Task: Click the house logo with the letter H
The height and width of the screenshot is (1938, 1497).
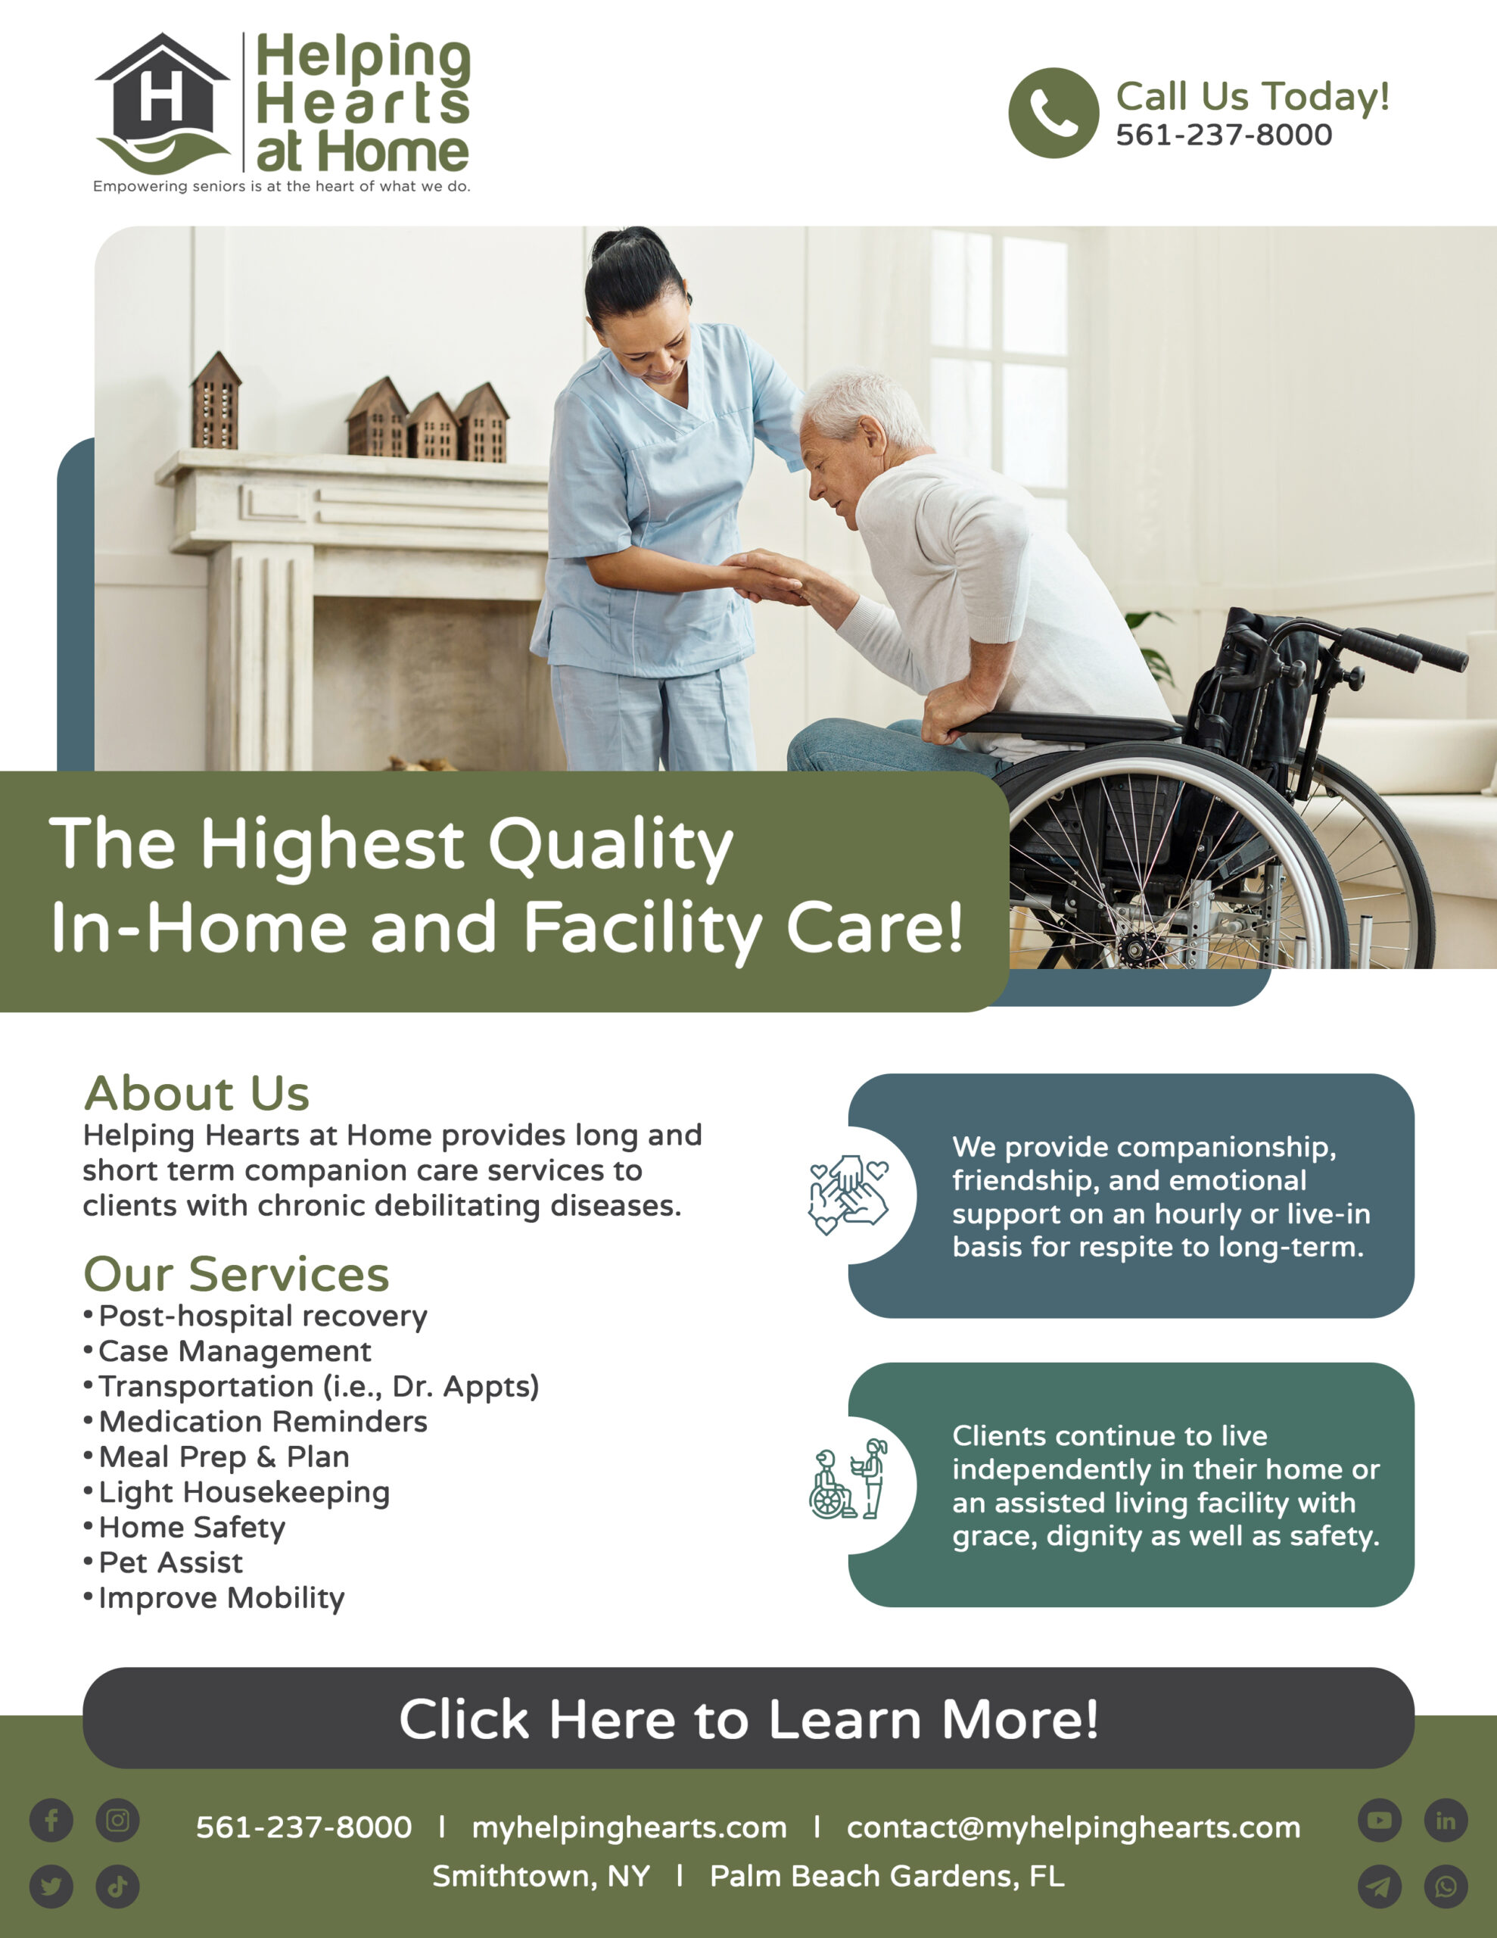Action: (163, 102)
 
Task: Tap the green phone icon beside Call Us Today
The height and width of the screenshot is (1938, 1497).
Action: (1054, 113)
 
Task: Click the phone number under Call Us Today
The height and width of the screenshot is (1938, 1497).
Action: (1224, 135)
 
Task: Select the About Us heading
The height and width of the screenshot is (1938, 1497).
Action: (196, 1092)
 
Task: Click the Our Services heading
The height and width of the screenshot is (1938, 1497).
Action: (236, 1273)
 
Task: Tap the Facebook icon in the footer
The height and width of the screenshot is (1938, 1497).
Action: (51, 1821)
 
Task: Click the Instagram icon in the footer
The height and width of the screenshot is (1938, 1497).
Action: (118, 1821)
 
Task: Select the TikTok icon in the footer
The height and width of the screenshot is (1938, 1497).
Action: (118, 1886)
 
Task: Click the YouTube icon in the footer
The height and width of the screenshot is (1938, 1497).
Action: (1380, 1821)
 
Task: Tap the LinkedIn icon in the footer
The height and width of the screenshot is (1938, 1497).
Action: (1446, 1821)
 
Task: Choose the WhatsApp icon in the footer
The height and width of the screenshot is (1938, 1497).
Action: (1446, 1886)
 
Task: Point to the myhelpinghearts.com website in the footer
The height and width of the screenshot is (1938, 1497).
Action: (629, 1828)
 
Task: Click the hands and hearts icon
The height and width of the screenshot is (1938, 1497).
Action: (848, 1195)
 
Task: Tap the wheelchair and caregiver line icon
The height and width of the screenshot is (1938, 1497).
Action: (848, 1479)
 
